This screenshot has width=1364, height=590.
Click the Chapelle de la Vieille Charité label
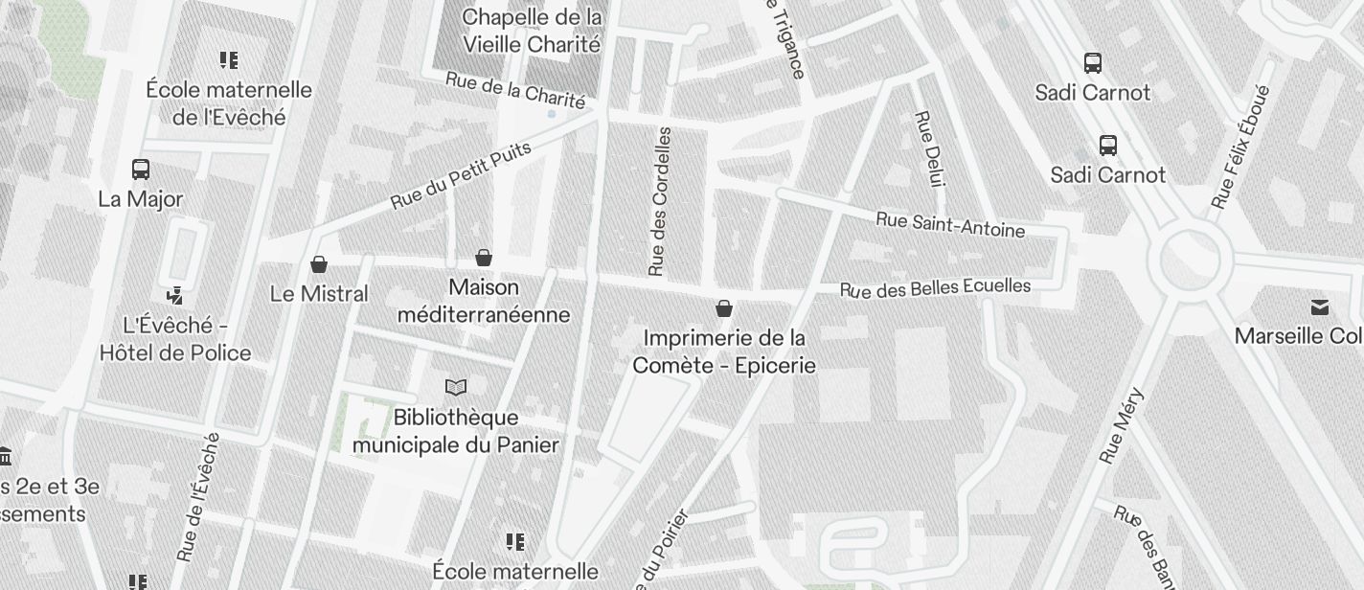pos(532,31)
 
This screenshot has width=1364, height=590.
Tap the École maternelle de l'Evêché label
pos(229,103)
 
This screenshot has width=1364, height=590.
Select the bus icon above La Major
pos(141,170)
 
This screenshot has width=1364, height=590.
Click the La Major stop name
pos(141,199)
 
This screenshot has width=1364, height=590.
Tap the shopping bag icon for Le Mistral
pos(319,263)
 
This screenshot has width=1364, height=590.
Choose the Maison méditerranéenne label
pos(484,301)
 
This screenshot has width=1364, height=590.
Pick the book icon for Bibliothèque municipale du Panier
pos(457,387)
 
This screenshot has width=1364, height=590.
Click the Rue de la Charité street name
pos(515,91)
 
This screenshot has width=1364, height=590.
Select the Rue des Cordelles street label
pos(660,201)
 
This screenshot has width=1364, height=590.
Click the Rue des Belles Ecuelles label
pos(935,287)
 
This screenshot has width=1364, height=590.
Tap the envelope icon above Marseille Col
pos(1320,307)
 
